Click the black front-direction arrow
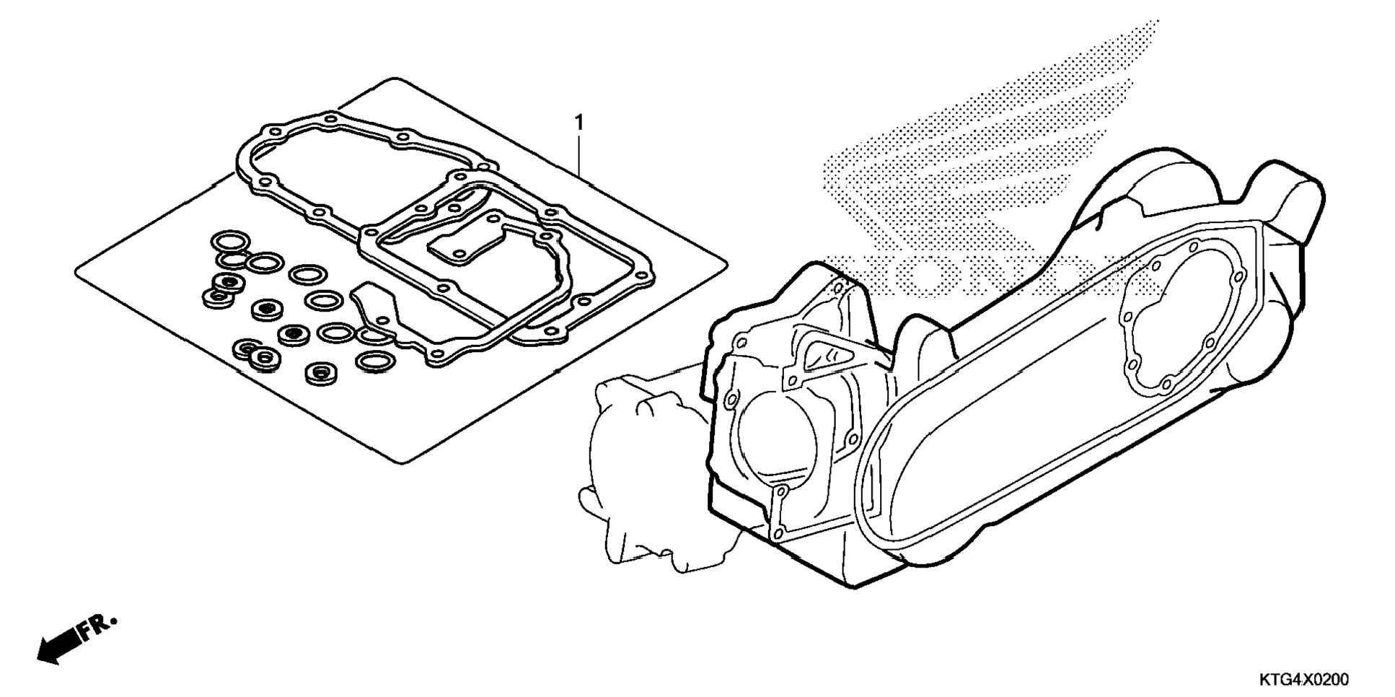57,646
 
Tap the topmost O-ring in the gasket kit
229,240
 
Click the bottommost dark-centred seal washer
318,373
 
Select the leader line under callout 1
578,155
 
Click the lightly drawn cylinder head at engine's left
635,469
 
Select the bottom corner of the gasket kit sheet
400,462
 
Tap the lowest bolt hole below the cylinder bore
776,533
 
